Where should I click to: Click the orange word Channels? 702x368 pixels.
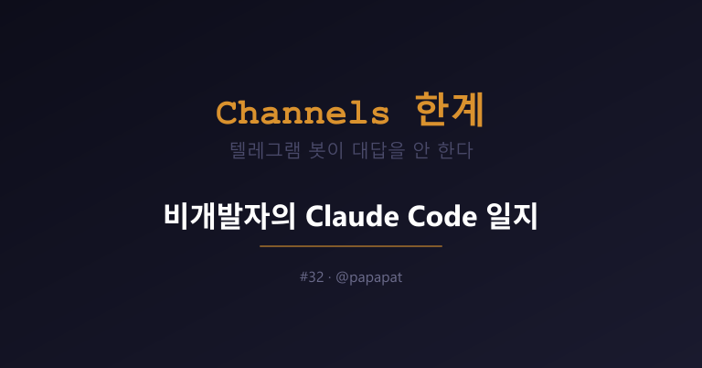coord(303,113)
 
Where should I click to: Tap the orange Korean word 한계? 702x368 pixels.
coord(449,110)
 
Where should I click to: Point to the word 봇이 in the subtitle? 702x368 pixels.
coord(326,150)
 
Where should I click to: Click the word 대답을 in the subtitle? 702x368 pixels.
coord(378,150)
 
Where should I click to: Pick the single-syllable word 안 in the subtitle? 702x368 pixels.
coord(420,150)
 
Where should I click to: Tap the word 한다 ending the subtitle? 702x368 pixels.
coord(455,150)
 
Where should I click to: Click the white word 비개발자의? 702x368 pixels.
coord(229,216)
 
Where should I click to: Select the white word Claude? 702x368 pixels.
coord(353,216)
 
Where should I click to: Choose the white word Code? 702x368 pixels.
coord(442,216)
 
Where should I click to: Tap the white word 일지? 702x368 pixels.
coord(512,216)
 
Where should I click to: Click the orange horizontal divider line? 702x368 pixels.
coord(351,246)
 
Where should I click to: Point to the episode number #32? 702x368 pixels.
coord(312,277)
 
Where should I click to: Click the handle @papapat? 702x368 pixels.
coord(369,277)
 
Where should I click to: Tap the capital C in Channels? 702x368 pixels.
coord(227,113)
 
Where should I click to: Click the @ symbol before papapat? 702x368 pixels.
coord(342,277)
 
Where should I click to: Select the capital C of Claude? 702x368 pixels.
coord(314,217)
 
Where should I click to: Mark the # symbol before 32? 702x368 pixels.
coord(303,277)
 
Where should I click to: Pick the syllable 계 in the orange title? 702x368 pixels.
coord(467,110)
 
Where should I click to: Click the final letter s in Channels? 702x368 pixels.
coord(380,115)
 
